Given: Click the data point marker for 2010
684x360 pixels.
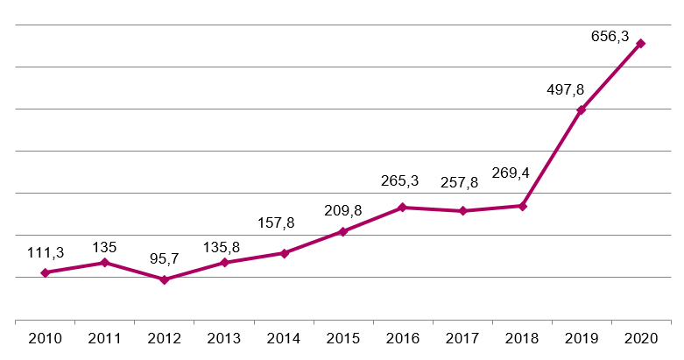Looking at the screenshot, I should tap(45, 272).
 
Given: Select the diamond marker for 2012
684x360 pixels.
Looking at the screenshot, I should tap(165, 279).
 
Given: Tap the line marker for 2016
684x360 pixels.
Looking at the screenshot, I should tap(402, 208).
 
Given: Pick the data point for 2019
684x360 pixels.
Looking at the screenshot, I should tap(581, 109).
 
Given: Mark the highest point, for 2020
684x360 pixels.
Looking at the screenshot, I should tap(640, 43).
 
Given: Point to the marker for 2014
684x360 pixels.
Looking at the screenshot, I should tap(284, 253).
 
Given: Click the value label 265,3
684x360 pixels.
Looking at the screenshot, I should tap(399, 181).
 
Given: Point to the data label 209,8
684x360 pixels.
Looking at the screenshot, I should tap(342, 210).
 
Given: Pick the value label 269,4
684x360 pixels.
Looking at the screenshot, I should tap(519, 185).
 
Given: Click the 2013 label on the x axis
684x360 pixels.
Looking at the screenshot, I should tap(223, 337).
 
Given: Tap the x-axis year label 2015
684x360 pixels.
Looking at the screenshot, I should tap(342, 337).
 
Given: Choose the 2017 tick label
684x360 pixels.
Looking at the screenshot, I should tap(462, 337).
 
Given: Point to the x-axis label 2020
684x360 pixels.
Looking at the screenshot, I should tap(640, 337).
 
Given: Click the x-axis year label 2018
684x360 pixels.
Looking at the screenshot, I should tap(521, 337).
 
